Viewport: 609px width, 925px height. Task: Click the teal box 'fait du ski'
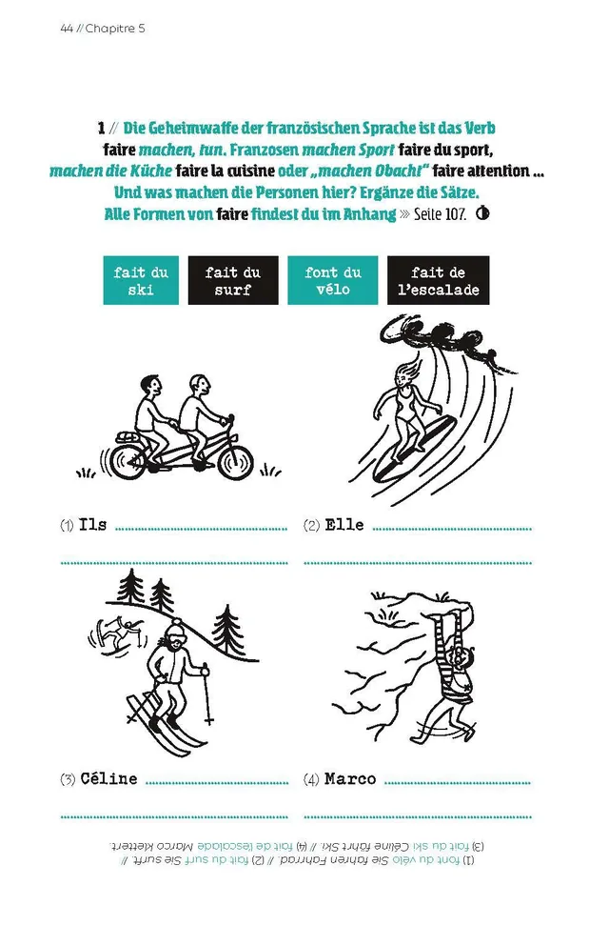141,280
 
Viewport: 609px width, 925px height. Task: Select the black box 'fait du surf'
233,280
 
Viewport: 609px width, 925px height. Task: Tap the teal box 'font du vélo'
332,280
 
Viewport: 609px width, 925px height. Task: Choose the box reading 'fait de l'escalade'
438,280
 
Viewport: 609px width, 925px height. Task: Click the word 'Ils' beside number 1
92,525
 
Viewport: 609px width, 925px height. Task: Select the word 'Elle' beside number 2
344,525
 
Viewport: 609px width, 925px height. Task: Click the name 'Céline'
108,778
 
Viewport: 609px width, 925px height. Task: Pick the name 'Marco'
350,778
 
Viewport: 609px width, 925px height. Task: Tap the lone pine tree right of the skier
228,630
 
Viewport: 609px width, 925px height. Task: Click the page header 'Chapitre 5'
115,29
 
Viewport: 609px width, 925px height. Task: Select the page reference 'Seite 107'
440,214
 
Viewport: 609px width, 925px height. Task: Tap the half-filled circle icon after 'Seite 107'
482,213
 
